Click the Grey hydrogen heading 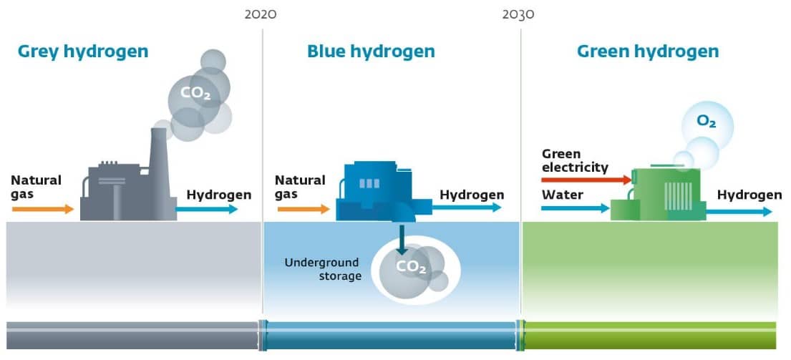point(83,52)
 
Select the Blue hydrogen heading point(371,52)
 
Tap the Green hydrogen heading point(648,52)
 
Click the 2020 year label point(261,14)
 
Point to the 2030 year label point(518,14)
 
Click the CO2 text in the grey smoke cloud point(195,93)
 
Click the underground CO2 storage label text point(411,267)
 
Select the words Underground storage point(322,269)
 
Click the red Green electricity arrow point(587,180)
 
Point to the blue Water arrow point(576,208)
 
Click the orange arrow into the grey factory point(44,209)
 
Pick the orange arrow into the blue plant point(304,209)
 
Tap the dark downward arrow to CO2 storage point(402,240)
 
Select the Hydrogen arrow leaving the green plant point(739,212)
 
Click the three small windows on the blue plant point(369,183)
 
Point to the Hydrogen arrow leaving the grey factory point(207,209)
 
